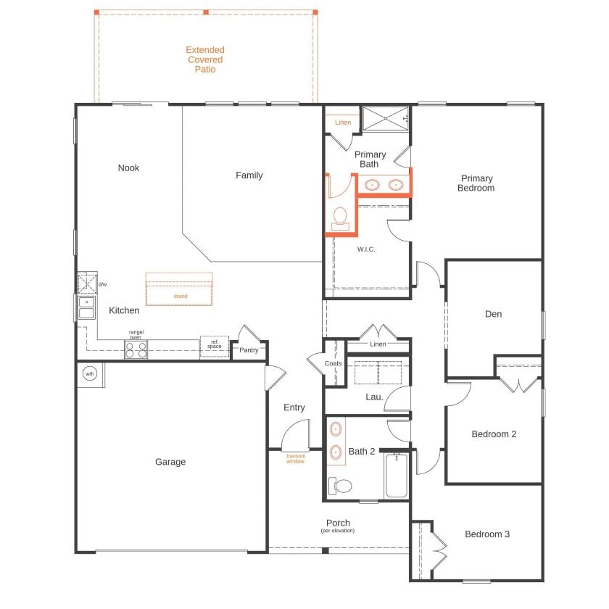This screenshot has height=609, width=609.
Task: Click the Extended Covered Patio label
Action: (x=205, y=59)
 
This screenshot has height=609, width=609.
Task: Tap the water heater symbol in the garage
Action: (x=90, y=374)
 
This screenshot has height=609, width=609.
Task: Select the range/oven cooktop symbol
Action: (x=136, y=349)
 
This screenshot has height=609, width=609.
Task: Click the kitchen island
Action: (x=179, y=289)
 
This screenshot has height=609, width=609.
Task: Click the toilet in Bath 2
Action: (x=339, y=485)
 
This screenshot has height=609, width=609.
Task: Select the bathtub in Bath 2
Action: (x=396, y=476)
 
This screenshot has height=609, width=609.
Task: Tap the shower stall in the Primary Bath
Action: (x=386, y=119)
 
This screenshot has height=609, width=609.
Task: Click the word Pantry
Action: (x=249, y=350)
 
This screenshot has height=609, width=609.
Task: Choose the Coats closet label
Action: (x=333, y=363)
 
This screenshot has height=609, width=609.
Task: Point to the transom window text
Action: (x=295, y=458)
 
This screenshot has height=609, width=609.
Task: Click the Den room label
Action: (x=493, y=314)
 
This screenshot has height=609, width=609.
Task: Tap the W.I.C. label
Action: (x=365, y=249)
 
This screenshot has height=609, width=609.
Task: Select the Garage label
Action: (x=170, y=462)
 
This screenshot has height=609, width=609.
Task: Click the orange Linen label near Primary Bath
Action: (x=343, y=123)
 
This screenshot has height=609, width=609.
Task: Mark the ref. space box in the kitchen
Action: (x=215, y=345)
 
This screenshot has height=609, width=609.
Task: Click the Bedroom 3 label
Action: (x=487, y=534)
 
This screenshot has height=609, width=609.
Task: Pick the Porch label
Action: (x=338, y=523)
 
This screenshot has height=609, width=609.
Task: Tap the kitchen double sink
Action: (x=86, y=307)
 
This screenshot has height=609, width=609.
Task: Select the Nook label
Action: (x=128, y=167)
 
